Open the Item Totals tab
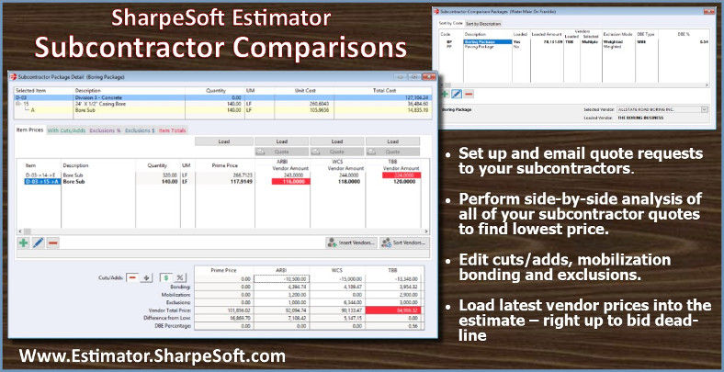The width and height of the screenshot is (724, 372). click(x=172, y=130)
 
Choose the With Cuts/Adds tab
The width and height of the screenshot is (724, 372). click(x=66, y=130)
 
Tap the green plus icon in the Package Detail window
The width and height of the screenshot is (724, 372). click(x=24, y=242)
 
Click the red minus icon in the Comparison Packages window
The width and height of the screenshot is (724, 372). click(x=469, y=93)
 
